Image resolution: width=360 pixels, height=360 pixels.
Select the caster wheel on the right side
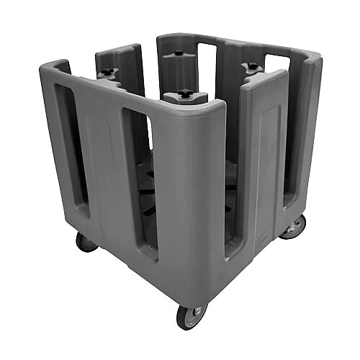pyautogui.click(x=293, y=228)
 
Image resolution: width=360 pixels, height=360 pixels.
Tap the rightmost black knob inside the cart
pyautogui.click(x=253, y=67)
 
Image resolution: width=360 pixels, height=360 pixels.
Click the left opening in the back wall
pyautogui.click(x=206, y=61)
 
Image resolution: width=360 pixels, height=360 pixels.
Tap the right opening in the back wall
pyautogui.click(x=276, y=65)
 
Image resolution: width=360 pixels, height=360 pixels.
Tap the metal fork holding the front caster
pyautogui.click(x=189, y=306)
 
